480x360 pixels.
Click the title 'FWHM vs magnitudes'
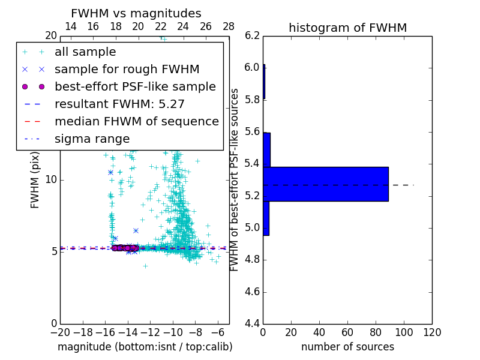(136, 14)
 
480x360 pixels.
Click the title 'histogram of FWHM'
(347, 28)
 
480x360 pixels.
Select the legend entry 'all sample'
(85, 52)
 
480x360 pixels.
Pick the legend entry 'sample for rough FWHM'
(127, 69)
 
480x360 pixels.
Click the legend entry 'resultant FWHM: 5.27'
(119, 104)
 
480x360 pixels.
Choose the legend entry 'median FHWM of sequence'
(136, 121)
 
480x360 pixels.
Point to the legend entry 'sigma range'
(92, 139)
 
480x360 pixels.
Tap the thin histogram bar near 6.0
(264, 82)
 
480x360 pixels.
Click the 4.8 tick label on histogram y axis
(253, 260)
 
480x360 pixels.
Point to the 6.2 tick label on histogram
(253, 35)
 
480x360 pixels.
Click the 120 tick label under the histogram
(432, 332)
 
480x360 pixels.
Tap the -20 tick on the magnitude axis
(60, 332)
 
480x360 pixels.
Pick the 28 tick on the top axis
(229, 26)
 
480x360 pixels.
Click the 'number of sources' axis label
(347, 347)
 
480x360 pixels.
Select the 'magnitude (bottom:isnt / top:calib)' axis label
(145, 347)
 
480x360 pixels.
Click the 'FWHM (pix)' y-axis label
(35, 180)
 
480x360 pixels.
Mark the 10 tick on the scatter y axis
(51, 180)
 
